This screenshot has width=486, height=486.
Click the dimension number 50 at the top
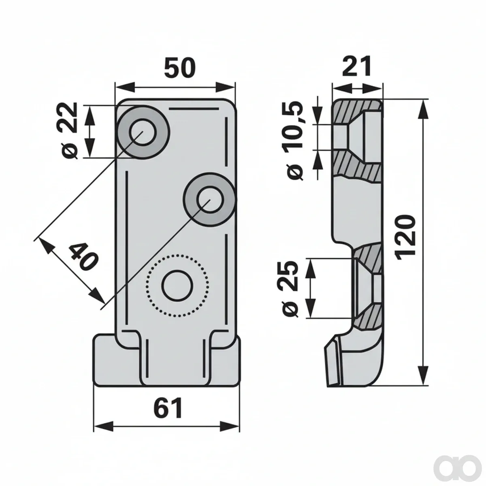(x=179, y=68)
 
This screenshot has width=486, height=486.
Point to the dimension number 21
(x=357, y=66)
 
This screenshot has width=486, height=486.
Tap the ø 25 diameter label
(x=290, y=289)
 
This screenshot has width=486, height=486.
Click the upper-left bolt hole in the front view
(x=143, y=132)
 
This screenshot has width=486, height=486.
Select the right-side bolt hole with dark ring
(x=210, y=200)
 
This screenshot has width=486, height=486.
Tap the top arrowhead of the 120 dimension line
(x=424, y=111)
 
